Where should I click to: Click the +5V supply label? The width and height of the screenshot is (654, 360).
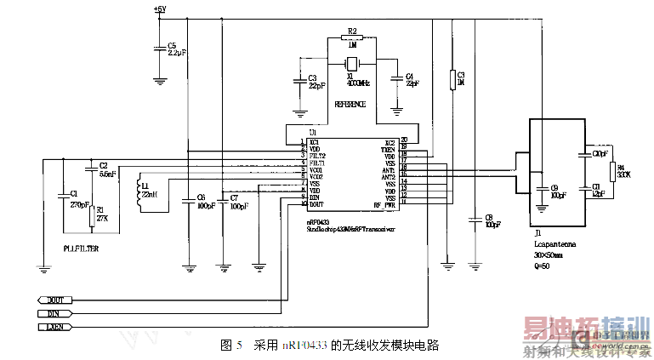pyautogui.click(x=160, y=9)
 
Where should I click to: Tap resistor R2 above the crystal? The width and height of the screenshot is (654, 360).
pyautogui.click(x=351, y=37)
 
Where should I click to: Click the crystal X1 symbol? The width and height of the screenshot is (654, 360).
pyautogui.click(x=351, y=65)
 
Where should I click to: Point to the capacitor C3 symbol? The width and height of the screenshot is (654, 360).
pyautogui.click(x=299, y=82)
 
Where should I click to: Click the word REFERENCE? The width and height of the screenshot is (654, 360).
pyautogui.click(x=350, y=105)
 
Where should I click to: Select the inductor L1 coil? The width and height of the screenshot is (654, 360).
pyautogui.click(x=140, y=194)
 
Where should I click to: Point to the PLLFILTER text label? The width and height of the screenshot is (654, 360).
pyautogui.click(x=81, y=248)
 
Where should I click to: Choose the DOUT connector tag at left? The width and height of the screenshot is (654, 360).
pyautogui.click(x=53, y=300)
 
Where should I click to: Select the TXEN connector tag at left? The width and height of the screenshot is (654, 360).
pyautogui.click(x=53, y=326)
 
